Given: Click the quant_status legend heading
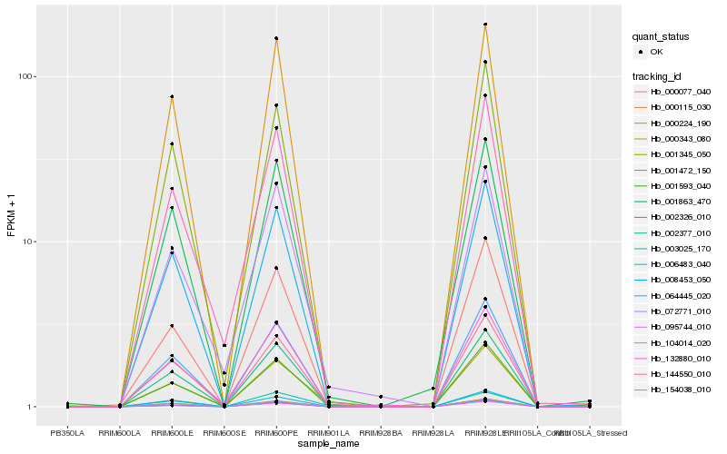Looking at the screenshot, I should point(662,37).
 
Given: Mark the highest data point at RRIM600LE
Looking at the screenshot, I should point(171,97).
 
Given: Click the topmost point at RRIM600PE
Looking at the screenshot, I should point(276,38).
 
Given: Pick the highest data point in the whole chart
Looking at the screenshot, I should point(485,25).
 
